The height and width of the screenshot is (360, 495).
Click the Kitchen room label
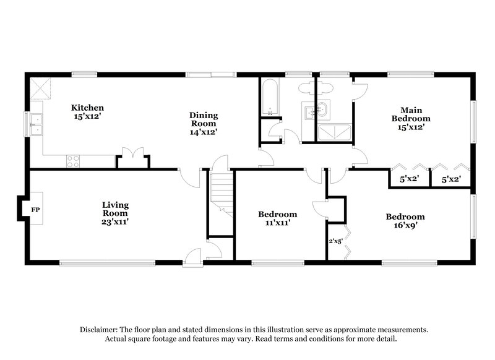tap(87, 108)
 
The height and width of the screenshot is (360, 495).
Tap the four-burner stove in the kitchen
tap(73, 161)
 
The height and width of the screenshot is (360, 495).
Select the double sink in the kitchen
tap(37, 124)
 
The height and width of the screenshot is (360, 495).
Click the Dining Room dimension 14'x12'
tap(203, 131)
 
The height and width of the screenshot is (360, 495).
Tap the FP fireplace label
tap(36, 210)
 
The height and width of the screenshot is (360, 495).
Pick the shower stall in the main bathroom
tap(332, 132)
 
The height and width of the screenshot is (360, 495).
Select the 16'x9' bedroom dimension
tap(405, 226)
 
